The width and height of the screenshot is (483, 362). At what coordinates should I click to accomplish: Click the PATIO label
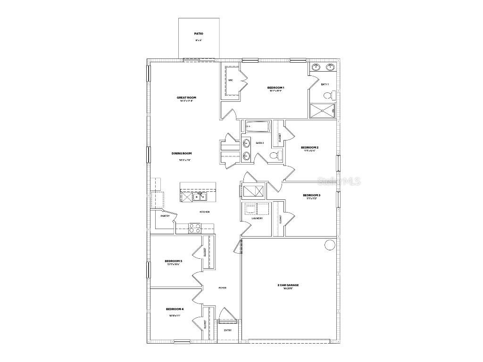199,34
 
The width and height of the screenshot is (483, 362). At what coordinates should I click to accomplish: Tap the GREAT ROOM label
187,98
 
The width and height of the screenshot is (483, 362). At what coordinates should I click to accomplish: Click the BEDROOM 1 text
275,88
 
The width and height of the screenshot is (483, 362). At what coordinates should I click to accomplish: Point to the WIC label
231,81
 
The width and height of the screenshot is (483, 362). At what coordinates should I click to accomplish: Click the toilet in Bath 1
330,96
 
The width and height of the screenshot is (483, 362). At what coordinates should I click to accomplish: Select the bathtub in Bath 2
256,126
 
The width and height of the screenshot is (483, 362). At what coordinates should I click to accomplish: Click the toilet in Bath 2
275,156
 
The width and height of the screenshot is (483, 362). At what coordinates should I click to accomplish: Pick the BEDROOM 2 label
310,148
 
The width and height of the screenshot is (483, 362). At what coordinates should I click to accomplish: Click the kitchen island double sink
199,197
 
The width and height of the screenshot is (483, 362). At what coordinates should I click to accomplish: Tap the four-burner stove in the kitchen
195,228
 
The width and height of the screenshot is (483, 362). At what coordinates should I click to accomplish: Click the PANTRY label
165,216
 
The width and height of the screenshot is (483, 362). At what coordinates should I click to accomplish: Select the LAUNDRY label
257,218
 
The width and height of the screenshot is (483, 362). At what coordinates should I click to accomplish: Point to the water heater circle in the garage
330,245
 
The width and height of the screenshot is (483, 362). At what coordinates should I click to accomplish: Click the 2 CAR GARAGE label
288,285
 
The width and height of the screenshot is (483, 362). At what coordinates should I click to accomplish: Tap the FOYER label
222,288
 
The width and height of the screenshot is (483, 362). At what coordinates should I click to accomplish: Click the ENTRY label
228,330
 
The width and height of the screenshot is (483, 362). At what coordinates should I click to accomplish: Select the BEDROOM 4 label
175,309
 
